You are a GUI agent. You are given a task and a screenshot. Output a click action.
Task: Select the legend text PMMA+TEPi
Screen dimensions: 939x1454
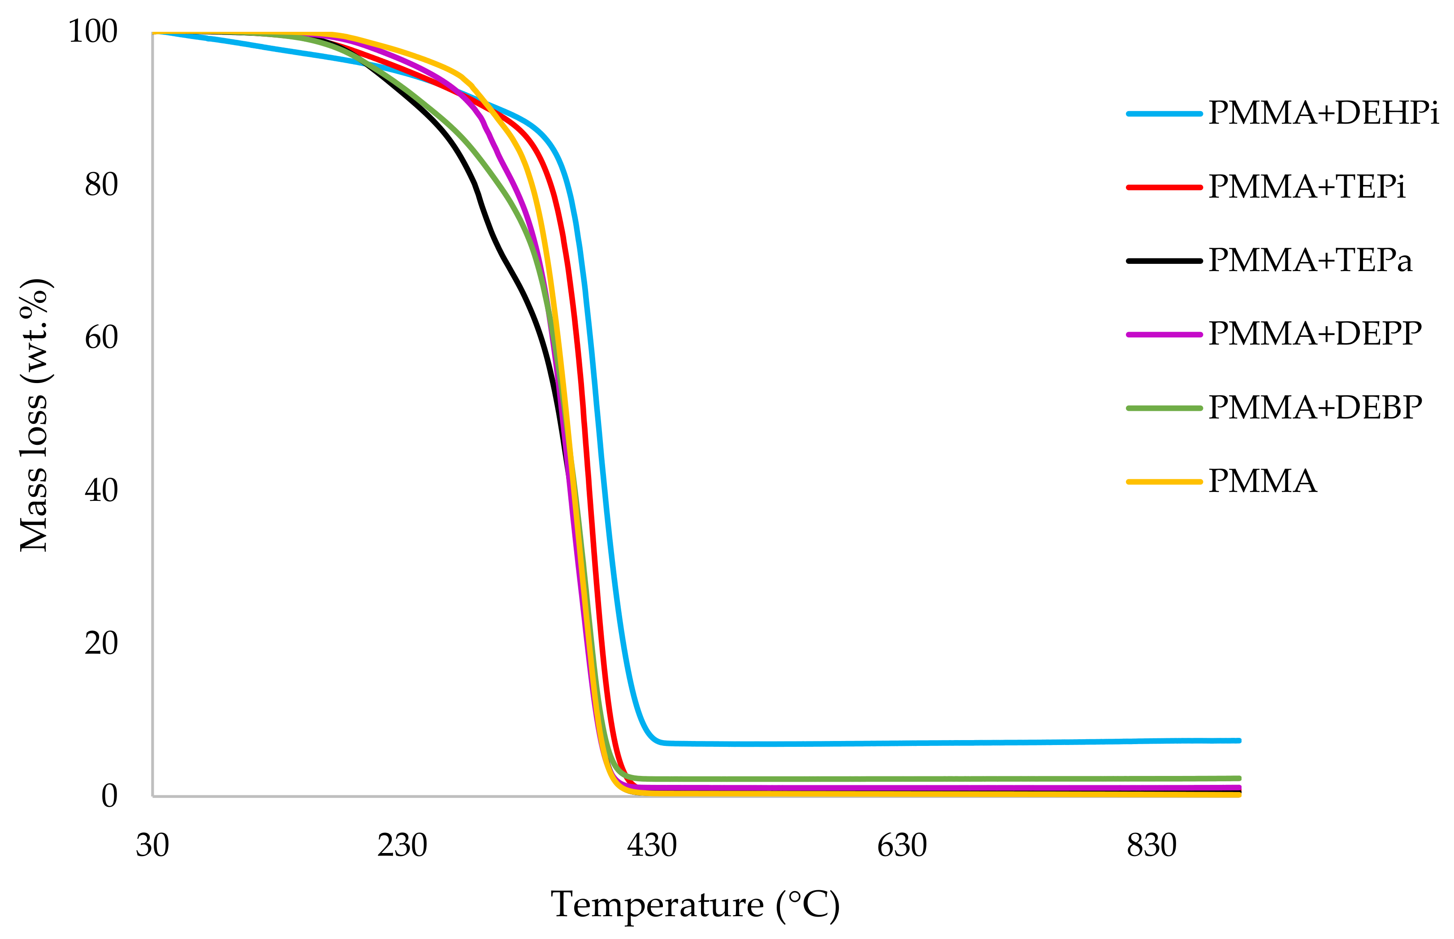pyautogui.click(x=1307, y=187)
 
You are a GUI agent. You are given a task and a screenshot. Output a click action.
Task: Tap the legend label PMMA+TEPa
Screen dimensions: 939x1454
pyautogui.click(x=1310, y=261)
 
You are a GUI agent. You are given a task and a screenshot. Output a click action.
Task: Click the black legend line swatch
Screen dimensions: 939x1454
pyautogui.click(x=1164, y=261)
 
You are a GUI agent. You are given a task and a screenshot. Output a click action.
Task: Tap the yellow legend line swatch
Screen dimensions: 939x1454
pyautogui.click(x=1164, y=482)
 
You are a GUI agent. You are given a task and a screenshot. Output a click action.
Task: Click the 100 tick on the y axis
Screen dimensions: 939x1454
pyautogui.click(x=93, y=32)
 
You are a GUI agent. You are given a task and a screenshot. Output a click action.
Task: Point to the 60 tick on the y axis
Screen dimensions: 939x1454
pyautogui.click(x=101, y=338)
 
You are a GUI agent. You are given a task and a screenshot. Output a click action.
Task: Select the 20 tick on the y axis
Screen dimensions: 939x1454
pyautogui.click(x=101, y=643)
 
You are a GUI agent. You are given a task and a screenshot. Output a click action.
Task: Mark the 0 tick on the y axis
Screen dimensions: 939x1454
pyautogui.click(x=109, y=797)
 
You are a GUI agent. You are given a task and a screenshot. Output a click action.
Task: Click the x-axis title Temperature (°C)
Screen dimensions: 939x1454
pyautogui.click(x=695, y=905)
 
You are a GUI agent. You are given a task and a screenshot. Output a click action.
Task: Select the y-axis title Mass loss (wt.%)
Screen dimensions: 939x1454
pyautogui.click(x=35, y=415)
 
